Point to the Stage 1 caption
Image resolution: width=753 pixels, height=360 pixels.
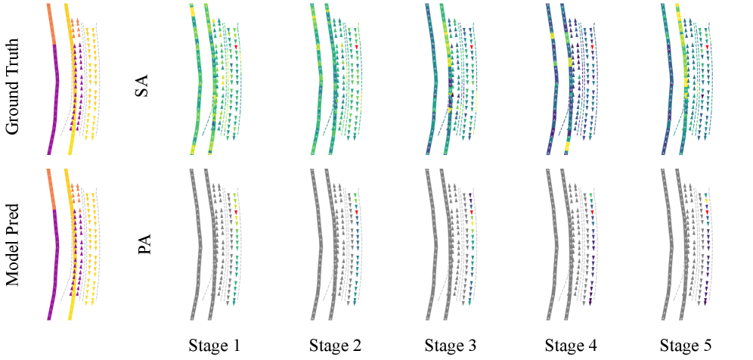pyautogui.click(x=215, y=346)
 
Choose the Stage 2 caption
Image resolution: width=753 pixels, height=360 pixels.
pyautogui.click(x=335, y=346)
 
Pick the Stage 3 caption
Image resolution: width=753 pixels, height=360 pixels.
pyautogui.click(x=451, y=346)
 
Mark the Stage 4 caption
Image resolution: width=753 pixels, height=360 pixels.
pyautogui.click(x=571, y=346)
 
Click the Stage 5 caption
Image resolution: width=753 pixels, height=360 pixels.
pyautogui.click(x=686, y=346)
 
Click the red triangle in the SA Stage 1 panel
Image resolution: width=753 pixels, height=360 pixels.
pyautogui.click(x=237, y=47)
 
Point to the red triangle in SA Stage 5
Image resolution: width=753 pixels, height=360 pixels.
pyautogui.click(x=707, y=47)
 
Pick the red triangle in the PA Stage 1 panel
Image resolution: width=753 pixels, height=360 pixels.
pyautogui.click(x=237, y=212)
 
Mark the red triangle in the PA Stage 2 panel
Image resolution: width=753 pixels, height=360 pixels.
pyautogui.click(x=356, y=212)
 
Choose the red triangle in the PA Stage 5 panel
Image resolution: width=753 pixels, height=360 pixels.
pyautogui.click(x=707, y=212)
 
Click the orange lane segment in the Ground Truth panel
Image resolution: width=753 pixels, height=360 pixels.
pyautogui.click(x=51, y=23)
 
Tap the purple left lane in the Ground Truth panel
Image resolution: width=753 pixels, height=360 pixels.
pyautogui.click(x=56, y=98)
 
